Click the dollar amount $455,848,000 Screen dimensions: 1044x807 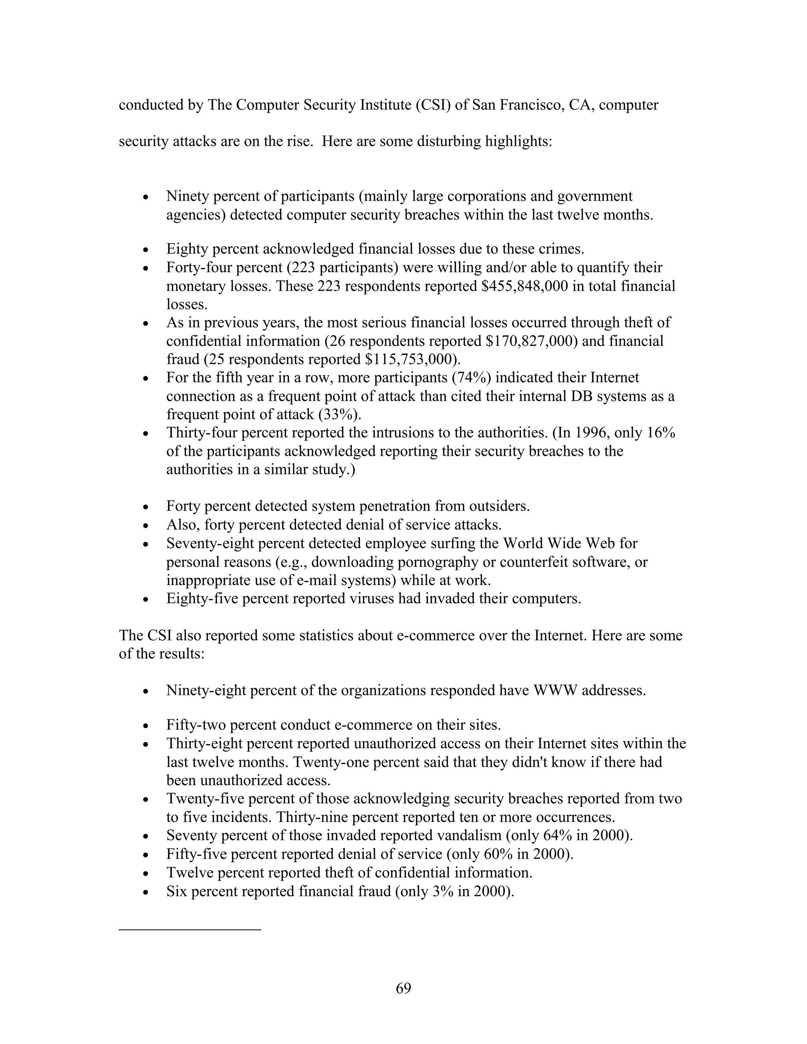(528, 286)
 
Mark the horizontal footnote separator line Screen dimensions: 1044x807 (190, 929)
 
